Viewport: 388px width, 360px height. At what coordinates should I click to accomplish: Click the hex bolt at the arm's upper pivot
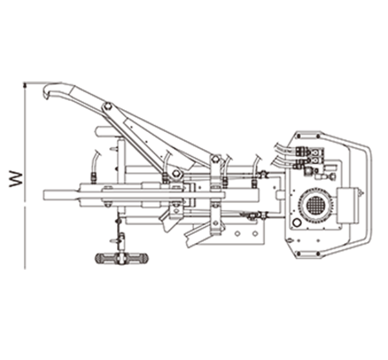coord(108,107)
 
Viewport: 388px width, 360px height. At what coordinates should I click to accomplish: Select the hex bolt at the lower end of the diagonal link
coord(176,173)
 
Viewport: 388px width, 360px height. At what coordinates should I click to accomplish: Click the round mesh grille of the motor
coord(316,205)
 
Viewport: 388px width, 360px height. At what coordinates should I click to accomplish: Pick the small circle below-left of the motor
coord(296,222)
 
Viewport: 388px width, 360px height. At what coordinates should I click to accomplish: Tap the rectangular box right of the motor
coord(347,205)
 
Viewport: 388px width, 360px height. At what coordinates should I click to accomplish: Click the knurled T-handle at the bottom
coord(122,258)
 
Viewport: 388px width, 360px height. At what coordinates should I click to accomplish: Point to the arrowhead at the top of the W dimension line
coord(25,85)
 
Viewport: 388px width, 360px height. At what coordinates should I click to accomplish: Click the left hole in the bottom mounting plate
coord(237,233)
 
